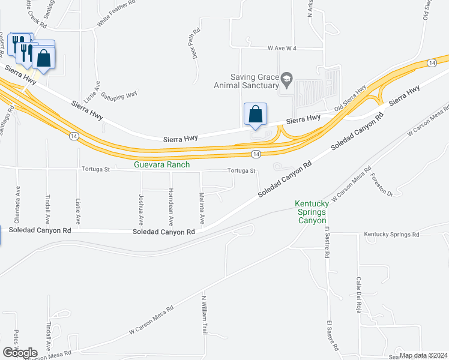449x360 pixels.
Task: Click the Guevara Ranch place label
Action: pos(163,164)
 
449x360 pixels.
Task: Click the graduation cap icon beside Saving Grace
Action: pos(288,77)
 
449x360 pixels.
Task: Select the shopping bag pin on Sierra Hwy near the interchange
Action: pos(255,114)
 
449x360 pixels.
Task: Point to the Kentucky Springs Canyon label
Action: pos(310,212)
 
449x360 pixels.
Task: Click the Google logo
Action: pos(20,352)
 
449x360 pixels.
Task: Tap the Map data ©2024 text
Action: pos(423,355)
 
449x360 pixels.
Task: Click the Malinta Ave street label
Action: pos(202,208)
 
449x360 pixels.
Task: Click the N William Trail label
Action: pos(204,313)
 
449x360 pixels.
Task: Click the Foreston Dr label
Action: pos(382,185)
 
